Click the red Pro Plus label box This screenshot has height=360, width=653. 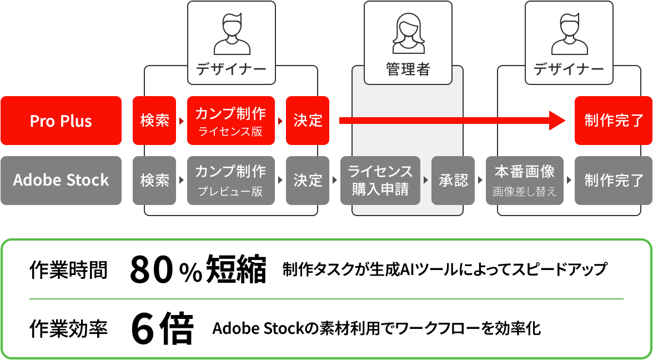pos(61,121)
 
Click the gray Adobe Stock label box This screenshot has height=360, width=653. pos(61,181)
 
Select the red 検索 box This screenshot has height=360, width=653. pos(154,121)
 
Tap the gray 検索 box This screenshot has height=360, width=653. pos(154,181)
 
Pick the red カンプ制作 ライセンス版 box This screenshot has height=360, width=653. pos(230,121)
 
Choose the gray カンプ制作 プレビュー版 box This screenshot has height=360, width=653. pos(230,181)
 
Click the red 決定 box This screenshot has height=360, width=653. pos(308,121)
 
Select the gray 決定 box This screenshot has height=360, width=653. pos(308,181)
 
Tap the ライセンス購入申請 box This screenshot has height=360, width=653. pos(380,181)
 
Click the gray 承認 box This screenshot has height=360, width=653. pos(453,181)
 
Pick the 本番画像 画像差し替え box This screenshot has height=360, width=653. pos(525,181)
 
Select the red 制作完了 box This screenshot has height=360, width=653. pos(614,121)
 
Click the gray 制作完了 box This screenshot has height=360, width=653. pos(614,181)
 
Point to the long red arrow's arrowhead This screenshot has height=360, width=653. pos(557,120)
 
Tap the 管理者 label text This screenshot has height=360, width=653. pos(408,69)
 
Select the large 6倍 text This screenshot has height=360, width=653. pos(163,329)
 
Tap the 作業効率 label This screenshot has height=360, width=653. pos(68,329)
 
